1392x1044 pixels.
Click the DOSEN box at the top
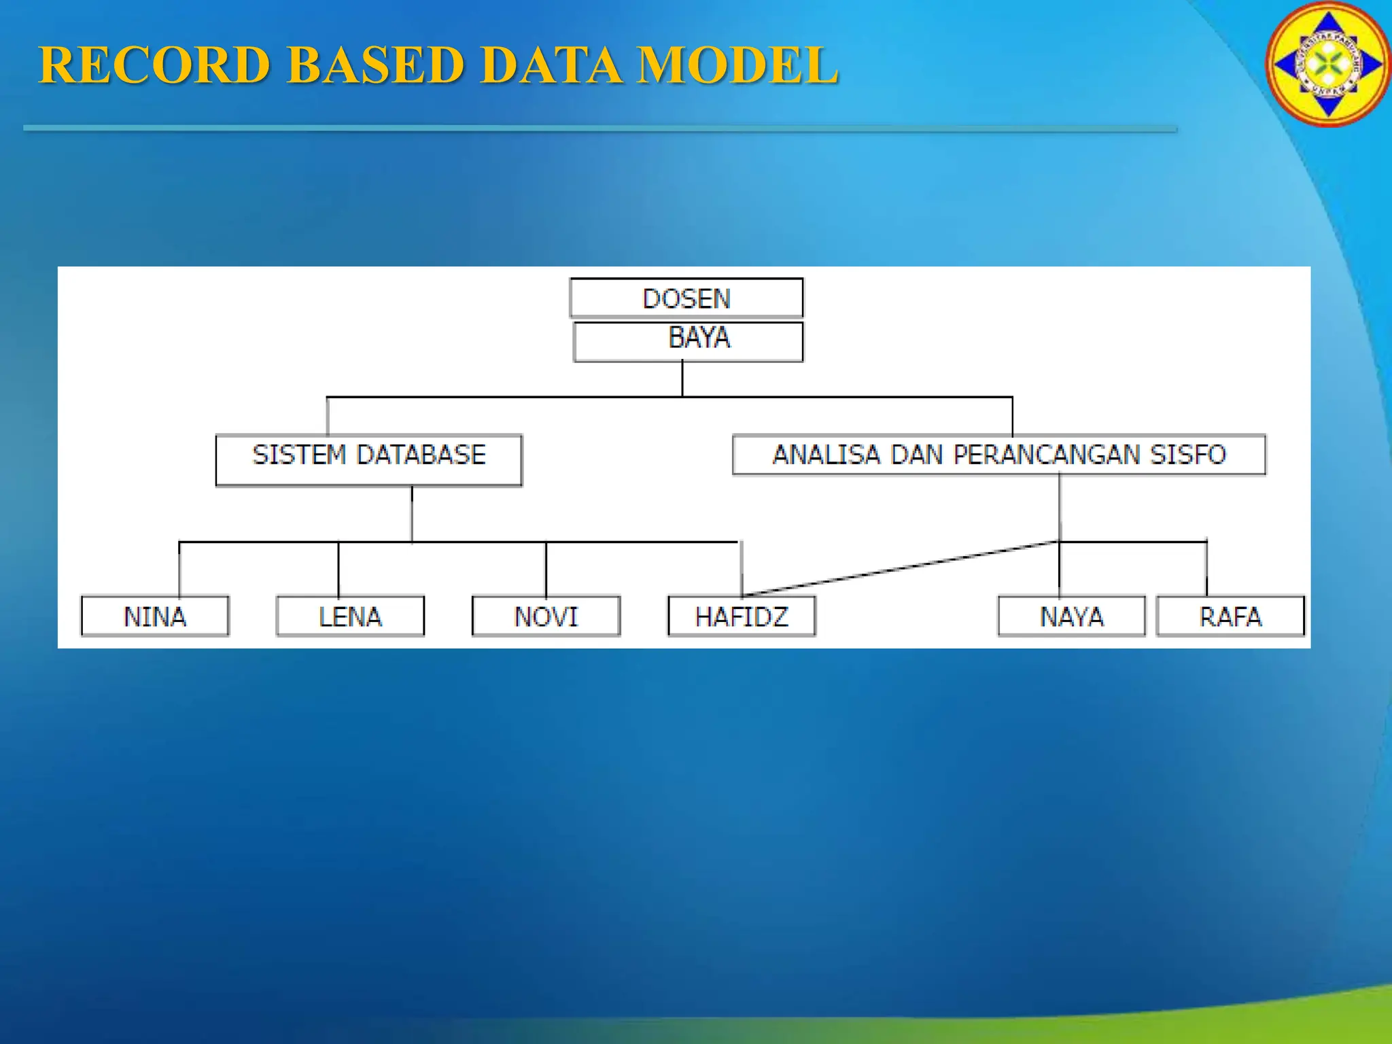tap(686, 298)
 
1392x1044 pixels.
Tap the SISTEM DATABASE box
tap(368, 459)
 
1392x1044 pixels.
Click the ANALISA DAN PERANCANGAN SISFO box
tap(998, 454)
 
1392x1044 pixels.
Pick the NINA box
tap(155, 616)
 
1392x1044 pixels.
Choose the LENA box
tap(350, 616)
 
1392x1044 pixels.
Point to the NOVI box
tap(546, 616)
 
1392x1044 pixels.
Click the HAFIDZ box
tap(742, 616)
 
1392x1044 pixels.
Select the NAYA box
tap(1071, 616)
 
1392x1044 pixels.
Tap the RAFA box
tap(1230, 616)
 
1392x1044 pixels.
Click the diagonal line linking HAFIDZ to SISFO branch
tap(901, 568)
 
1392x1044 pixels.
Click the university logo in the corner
tap(1327, 65)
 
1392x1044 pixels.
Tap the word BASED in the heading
tap(375, 65)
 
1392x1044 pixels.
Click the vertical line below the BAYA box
tap(682, 379)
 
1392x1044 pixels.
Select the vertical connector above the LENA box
tap(338, 569)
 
